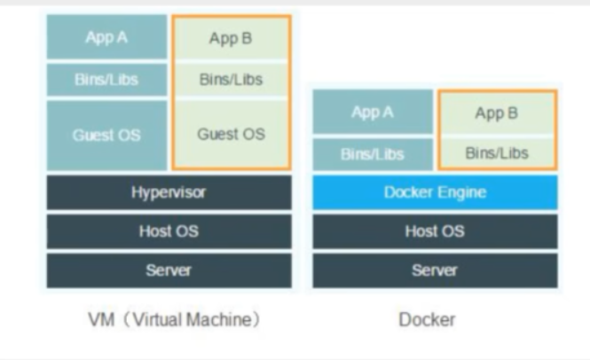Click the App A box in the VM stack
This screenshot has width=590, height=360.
(106, 37)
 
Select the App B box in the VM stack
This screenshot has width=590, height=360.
(230, 38)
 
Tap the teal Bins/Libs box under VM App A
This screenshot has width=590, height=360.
(106, 79)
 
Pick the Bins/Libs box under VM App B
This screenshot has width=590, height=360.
(230, 80)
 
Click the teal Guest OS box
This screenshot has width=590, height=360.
(106, 135)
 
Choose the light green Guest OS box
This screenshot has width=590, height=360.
(230, 135)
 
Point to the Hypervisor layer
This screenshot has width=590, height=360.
(169, 192)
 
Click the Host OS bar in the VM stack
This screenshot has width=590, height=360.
(169, 231)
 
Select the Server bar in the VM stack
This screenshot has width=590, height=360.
(169, 270)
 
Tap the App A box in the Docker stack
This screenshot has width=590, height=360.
(372, 113)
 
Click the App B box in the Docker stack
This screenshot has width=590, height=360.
(496, 113)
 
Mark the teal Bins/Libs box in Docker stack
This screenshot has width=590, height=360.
(372, 153)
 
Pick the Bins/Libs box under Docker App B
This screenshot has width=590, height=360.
(496, 153)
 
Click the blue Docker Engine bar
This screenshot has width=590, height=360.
(434, 192)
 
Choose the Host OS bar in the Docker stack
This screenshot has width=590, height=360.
(434, 231)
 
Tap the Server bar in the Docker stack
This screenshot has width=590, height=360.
(434, 270)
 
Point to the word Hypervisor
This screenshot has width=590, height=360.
(169, 192)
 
